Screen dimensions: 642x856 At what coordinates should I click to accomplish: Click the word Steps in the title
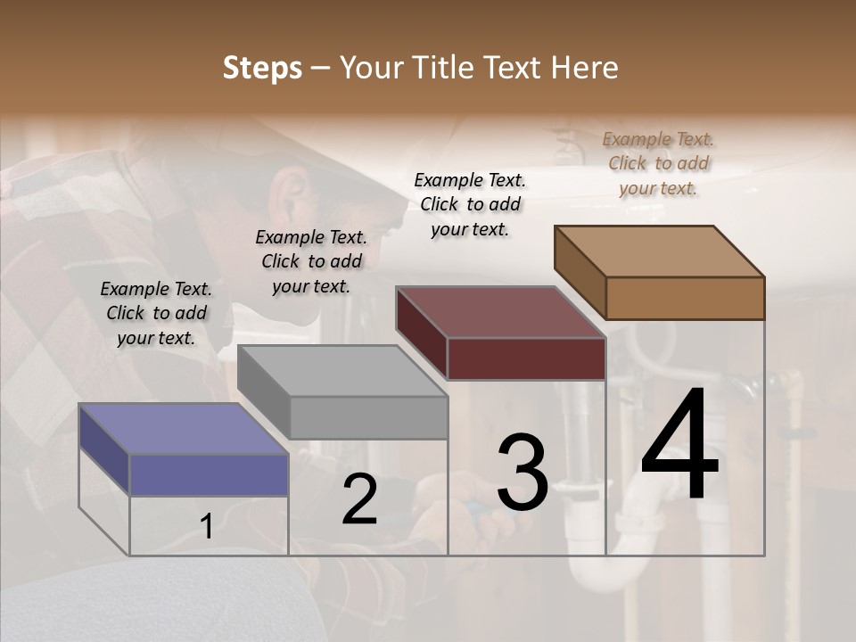pos(262,68)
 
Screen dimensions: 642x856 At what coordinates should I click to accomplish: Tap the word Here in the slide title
pos(585,68)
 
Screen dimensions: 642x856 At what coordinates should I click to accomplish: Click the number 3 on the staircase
pos(522,473)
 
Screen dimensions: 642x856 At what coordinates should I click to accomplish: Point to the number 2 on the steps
pos(359,499)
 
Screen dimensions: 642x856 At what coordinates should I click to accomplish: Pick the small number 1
pos(207,527)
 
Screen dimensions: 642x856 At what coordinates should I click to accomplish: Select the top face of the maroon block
pos(499,312)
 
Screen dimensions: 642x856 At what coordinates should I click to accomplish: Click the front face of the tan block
pos(685,298)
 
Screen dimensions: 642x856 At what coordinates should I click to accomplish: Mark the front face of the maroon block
pos(526,358)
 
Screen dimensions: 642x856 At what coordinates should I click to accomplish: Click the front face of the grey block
pos(368,417)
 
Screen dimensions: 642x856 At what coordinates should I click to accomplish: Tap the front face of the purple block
pos(209,474)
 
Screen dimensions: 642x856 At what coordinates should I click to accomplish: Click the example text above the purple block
pos(156,313)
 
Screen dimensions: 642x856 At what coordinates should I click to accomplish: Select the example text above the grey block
pos(311,261)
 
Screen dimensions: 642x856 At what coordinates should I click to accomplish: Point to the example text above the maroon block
pos(470,204)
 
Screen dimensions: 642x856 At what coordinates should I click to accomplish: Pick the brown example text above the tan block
pos(658,163)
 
